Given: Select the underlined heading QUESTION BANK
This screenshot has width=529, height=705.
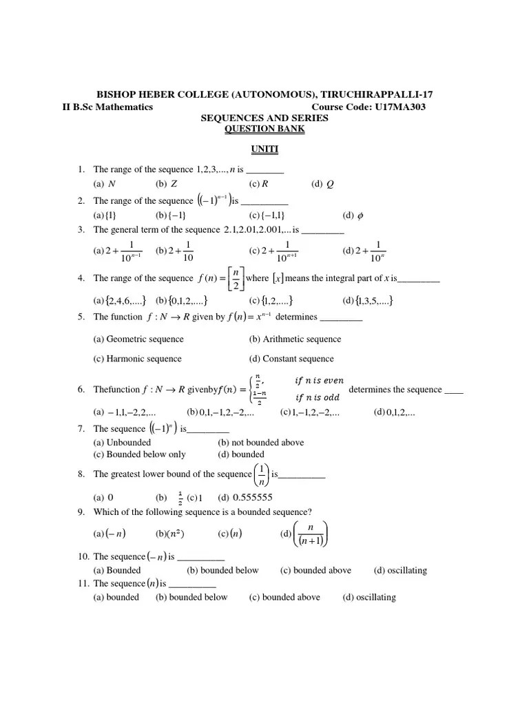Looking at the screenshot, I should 264,129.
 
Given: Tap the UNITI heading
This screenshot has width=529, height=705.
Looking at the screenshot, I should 264,149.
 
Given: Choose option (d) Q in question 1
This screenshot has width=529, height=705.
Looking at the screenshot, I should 322,184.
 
